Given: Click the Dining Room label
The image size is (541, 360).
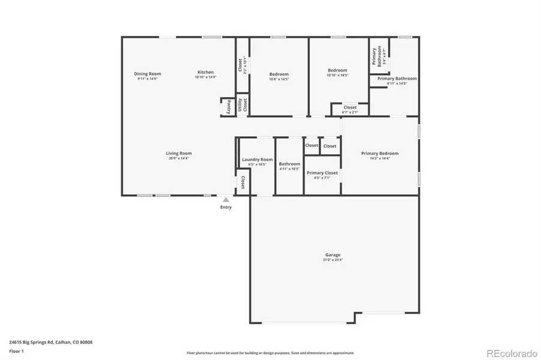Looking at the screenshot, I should click(x=147, y=74).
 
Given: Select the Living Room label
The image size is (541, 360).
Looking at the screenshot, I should click(x=178, y=154).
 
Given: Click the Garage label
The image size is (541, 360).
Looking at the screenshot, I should click(x=333, y=255).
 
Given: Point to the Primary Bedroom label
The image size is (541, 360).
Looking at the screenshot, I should click(x=379, y=154).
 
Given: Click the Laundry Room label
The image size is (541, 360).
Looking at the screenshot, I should click(x=256, y=160).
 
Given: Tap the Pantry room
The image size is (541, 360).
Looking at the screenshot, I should click(x=228, y=107).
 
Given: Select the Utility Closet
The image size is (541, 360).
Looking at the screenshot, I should click(x=242, y=104).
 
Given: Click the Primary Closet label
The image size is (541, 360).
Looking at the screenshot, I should click(x=322, y=173).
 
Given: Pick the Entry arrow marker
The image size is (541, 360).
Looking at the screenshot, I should click(x=226, y=200).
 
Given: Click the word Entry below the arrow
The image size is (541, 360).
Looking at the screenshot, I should click(x=226, y=208).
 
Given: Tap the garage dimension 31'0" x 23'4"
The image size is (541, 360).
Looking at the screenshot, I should click(x=333, y=260).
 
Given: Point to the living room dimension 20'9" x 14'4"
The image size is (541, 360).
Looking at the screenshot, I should click(x=178, y=158).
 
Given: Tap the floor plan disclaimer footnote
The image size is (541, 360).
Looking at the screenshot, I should click(x=270, y=353).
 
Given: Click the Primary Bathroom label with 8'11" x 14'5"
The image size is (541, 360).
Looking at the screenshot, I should click(x=397, y=79).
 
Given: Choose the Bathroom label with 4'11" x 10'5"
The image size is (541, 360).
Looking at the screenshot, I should click(x=289, y=164).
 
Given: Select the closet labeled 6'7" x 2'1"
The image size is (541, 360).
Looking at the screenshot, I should click(x=350, y=109).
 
